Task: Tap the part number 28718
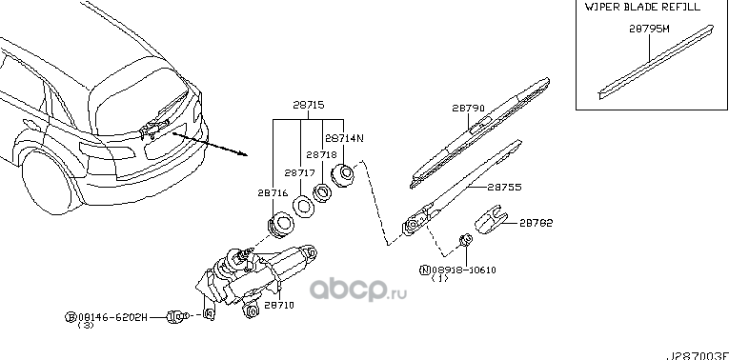[x=322, y=153]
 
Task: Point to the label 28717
[x=300, y=173]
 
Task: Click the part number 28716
[x=272, y=192]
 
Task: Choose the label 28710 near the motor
[x=278, y=306]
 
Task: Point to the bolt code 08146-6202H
[x=114, y=314]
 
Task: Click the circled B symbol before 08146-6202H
[x=70, y=314]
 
